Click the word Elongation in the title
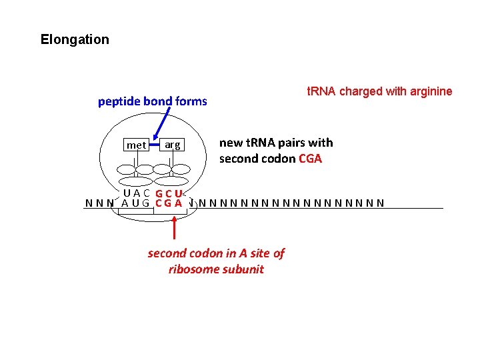coord(75,39)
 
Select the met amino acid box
coord(136,145)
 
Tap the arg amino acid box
coord(172,145)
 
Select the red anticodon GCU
coord(169,194)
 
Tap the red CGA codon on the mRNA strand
coord(169,203)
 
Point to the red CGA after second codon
coord(311,159)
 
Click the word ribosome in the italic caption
coord(194,269)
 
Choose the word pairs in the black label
coord(288,143)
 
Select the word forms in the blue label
coord(191,101)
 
